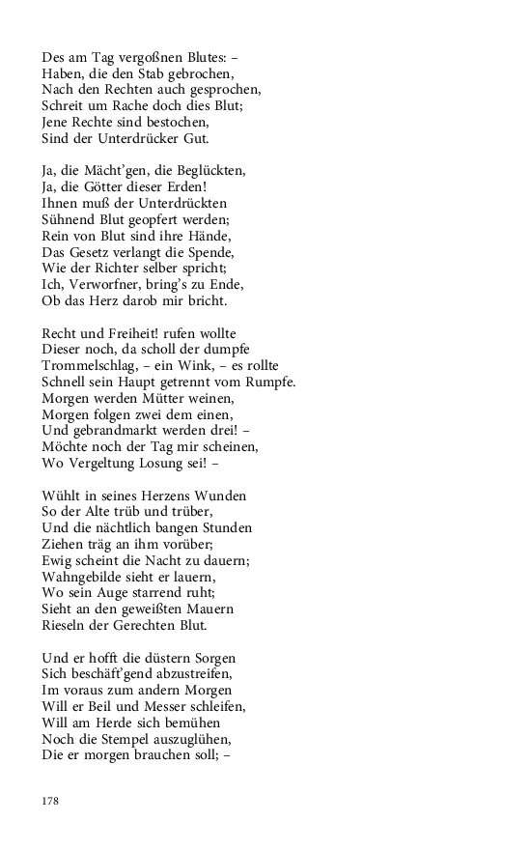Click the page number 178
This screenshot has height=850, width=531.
pyautogui.click(x=50, y=800)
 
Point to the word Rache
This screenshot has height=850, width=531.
pyautogui.click(x=133, y=106)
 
